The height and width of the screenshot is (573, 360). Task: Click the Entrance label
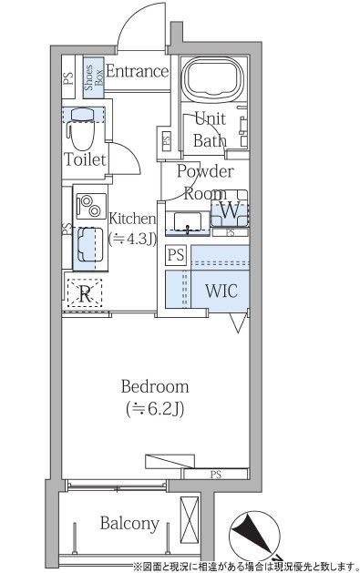point(138,71)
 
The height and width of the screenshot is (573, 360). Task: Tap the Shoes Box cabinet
point(94,77)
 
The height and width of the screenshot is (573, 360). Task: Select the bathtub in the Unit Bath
point(212,78)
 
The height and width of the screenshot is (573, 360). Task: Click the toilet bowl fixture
point(83,128)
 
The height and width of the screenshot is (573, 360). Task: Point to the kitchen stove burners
point(91,206)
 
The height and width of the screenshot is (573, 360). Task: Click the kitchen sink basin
point(88,244)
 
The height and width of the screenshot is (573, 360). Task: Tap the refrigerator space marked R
point(85,293)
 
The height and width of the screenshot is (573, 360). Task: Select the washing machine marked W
point(230,209)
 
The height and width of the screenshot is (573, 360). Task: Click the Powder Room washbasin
point(188,221)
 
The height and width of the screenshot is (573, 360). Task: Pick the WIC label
point(221,291)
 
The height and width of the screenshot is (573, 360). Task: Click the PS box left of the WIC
point(176,254)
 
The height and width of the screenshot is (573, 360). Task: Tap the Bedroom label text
point(155,386)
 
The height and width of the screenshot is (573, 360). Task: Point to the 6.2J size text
point(155,409)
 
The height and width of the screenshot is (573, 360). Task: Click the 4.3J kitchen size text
point(133,240)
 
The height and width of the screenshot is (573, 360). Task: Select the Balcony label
point(129,523)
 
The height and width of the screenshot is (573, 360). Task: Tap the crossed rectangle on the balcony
point(190,519)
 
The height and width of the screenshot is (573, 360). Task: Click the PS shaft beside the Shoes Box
point(68,77)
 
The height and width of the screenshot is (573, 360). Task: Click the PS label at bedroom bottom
point(216,475)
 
